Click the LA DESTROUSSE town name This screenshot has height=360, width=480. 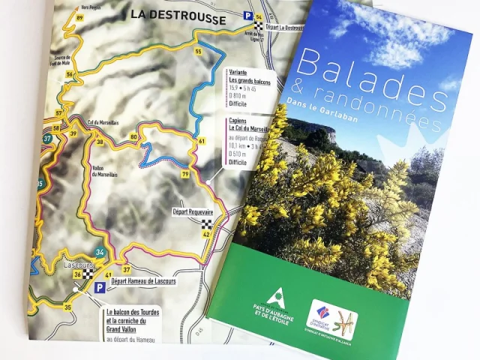point(178,13)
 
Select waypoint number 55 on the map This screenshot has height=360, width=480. point(198,51)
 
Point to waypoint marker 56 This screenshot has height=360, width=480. point(69,74)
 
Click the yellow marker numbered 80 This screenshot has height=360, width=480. point(133,137)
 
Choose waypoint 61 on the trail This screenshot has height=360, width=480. point(202,141)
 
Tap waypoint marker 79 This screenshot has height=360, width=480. point(184,175)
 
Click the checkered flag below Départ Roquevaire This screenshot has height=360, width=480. point(205,223)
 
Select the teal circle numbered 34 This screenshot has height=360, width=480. point(100,252)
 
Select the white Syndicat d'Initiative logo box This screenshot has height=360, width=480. point(334,319)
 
